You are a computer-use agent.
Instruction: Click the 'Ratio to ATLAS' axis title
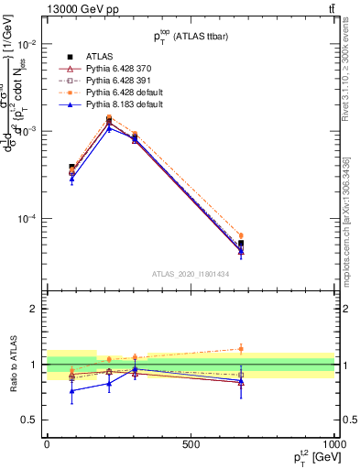point(13,365)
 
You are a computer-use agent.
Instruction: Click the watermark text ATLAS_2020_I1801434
point(191,274)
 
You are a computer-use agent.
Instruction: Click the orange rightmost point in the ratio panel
point(241,348)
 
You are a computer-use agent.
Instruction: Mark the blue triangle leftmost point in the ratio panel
point(71,391)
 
